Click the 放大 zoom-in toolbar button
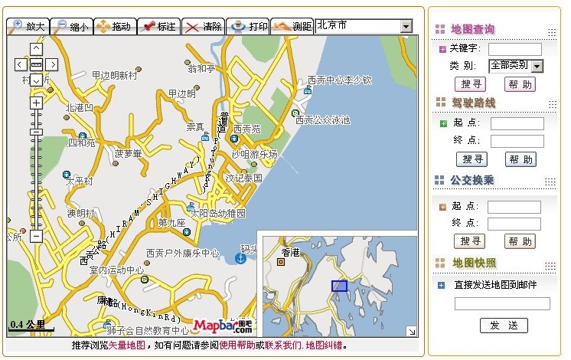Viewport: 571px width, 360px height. (x=28, y=27)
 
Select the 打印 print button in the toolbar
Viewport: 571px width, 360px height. (x=250, y=27)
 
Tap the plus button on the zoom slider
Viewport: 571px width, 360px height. (x=36, y=102)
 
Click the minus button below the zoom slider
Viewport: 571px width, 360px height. (x=36, y=237)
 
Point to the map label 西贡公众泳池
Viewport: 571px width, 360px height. (x=323, y=119)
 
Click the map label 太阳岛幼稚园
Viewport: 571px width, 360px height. (x=218, y=212)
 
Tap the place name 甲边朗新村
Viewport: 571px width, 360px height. (x=114, y=75)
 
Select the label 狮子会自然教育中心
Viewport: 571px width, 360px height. (x=148, y=331)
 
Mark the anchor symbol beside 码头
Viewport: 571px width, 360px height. (x=240, y=258)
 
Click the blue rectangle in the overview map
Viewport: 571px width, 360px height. (x=339, y=286)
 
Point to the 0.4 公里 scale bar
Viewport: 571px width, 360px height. (x=31, y=326)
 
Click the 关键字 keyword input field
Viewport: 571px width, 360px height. (x=514, y=49)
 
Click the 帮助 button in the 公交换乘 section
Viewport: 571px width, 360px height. (x=520, y=241)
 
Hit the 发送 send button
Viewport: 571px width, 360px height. (x=504, y=326)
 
